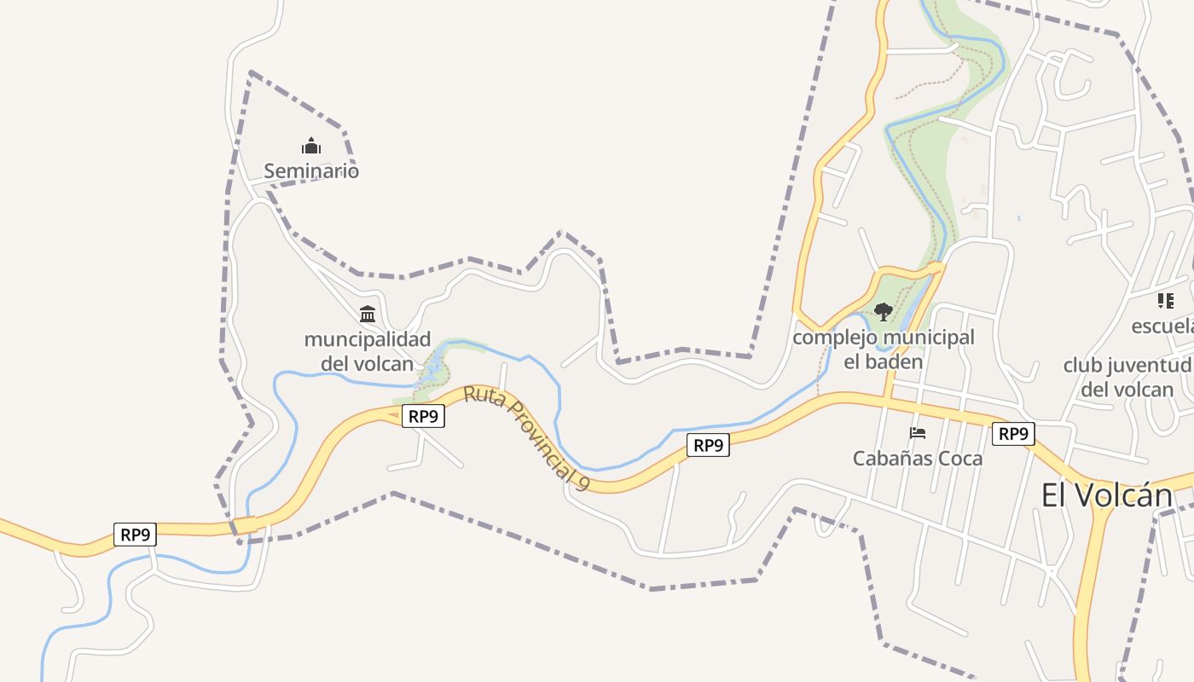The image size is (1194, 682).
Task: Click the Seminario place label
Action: point(311,171)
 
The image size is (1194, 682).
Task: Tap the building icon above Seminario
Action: point(311,147)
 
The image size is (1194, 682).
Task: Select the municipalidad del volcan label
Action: point(368,351)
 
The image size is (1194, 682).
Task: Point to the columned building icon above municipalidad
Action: point(368,314)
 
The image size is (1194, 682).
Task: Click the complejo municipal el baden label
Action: point(884,350)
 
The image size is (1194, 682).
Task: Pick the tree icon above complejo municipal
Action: point(884,312)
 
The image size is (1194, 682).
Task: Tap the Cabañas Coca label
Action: point(918,459)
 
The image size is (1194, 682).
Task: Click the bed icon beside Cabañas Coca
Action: point(918,433)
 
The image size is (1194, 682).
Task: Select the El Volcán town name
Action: point(1107,495)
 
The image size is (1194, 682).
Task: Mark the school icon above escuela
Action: point(1165,301)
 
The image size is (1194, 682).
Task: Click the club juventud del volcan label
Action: point(1127,378)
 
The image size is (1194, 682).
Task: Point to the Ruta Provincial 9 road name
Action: point(527,437)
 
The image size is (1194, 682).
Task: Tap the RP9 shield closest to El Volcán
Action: point(1013,434)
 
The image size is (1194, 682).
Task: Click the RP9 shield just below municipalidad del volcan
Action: point(423,417)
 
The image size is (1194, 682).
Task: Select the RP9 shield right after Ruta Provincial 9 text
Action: point(708,445)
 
